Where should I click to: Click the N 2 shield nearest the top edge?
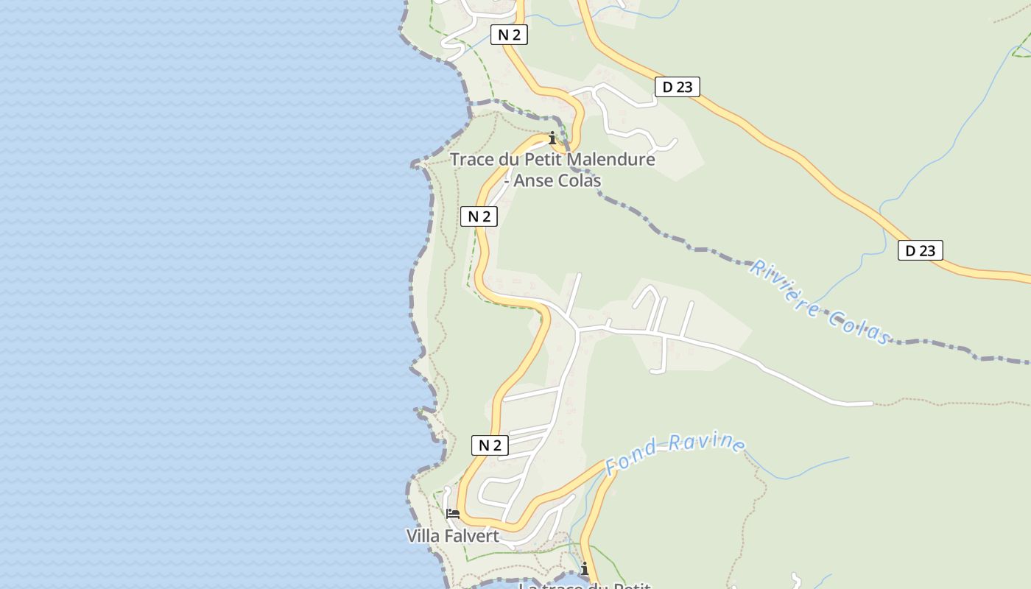point(509,35)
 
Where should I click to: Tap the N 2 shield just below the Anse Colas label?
point(479,216)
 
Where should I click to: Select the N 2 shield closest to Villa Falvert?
point(490,445)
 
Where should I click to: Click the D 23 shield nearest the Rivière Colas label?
point(920,250)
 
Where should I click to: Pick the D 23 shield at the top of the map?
point(677,87)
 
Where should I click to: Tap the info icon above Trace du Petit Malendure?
point(552,138)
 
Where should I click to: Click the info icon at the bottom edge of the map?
point(585,569)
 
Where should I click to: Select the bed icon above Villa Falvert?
point(453,513)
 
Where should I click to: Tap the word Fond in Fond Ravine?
point(626,459)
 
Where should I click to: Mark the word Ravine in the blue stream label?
point(707,443)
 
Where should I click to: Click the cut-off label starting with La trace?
point(584,586)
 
